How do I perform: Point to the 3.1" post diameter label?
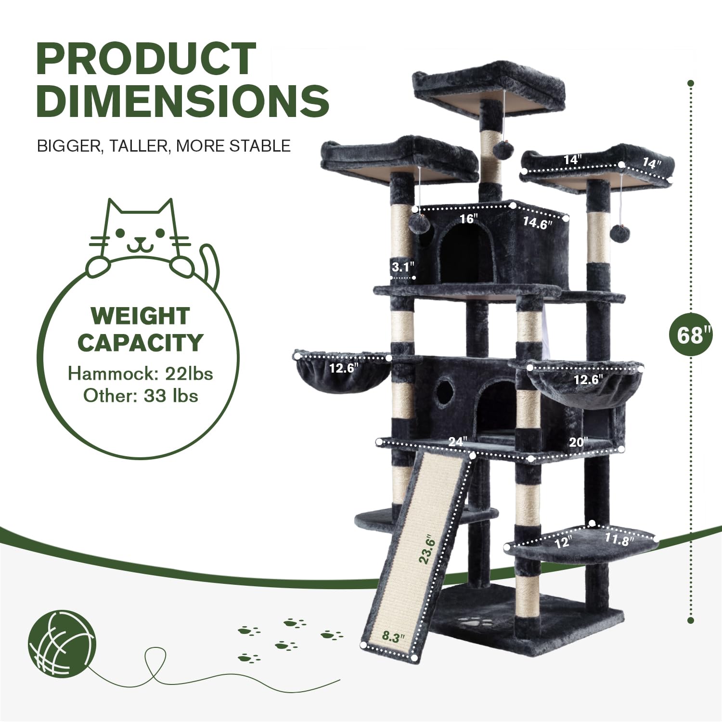pyautogui.click(x=402, y=266)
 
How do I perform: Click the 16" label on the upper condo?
pyautogui.click(x=468, y=219)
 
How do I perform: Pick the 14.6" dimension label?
pyautogui.click(x=537, y=223)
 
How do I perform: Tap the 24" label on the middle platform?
pyautogui.click(x=458, y=441)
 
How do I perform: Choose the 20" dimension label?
pyautogui.click(x=578, y=441)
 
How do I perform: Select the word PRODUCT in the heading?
pyautogui.click(x=146, y=59)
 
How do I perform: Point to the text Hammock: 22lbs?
pyautogui.click(x=140, y=374)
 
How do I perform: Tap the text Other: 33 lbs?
pyautogui.click(x=141, y=396)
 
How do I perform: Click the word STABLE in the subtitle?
pyautogui.click(x=260, y=145)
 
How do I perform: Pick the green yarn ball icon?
pyautogui.click(x=62, y=645)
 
